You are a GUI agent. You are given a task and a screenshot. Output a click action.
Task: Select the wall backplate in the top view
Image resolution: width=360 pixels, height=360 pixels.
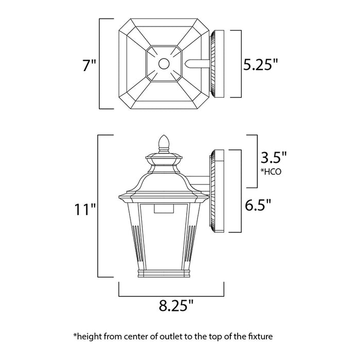click(x=216, y=64)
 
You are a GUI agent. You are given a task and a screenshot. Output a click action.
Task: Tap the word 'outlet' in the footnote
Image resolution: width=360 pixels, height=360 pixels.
click(x=164, y=337)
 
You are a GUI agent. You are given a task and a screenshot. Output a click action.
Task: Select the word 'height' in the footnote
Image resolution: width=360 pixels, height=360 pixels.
click(x=89, y=337)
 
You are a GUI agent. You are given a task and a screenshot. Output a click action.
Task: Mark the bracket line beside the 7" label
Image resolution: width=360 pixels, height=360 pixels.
click(x=100, y=64)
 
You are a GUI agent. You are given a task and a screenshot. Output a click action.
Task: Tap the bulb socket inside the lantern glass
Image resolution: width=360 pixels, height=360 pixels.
click(x=166, y=208)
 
